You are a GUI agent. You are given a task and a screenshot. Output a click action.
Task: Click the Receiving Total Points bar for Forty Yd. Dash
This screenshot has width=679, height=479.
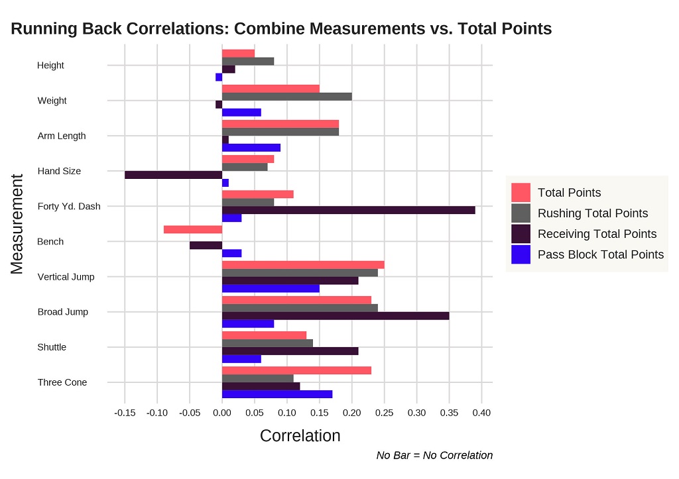(x=348, y=210)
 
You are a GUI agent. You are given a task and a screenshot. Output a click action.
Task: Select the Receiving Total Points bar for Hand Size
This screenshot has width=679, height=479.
(x=173, y=175)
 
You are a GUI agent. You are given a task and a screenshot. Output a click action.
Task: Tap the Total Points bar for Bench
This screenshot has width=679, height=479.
(x=192, y=229)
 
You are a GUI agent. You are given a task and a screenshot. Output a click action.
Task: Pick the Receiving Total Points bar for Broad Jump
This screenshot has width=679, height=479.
(x=335, y=315)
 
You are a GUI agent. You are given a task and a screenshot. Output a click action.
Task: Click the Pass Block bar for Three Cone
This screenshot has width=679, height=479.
(x=277, y=394)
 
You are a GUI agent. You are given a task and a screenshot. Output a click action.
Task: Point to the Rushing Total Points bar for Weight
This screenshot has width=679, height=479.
(x=286, y=97)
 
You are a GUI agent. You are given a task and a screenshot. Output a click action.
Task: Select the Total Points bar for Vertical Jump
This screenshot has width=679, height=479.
(x=302, y=264)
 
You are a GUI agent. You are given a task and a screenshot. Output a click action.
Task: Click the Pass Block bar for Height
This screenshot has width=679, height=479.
(x=219, y=78)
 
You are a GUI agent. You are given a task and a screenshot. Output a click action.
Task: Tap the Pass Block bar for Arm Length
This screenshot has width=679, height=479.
(x=251, y=147)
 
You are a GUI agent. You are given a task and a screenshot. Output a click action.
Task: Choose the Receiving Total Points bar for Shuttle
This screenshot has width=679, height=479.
(x=290, y=350)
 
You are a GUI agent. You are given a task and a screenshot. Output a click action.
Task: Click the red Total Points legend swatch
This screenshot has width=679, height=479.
(x=521, y=193)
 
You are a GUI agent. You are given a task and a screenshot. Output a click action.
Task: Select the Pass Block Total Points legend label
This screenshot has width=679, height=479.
(x=600, y=254)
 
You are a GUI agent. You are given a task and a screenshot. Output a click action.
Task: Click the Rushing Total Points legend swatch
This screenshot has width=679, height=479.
(x=521, y=213)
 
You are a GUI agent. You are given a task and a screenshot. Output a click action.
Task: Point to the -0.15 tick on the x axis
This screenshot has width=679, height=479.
(x=125, y=412)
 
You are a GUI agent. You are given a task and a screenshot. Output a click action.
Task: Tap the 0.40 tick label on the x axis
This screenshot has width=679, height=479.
(x=481, y=412)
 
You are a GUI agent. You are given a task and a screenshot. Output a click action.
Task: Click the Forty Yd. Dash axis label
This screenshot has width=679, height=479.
(x=69, y=206)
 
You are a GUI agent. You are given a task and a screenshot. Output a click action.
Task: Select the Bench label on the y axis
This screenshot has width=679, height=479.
(x=50, y=242)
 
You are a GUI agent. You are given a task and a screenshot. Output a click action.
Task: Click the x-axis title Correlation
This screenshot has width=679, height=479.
(x=300, y=436)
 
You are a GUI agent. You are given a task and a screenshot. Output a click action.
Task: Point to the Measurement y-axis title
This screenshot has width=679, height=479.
(x=17, y=224)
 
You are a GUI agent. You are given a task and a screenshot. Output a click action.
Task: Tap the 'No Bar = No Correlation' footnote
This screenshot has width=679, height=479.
(x=434, y=455)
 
